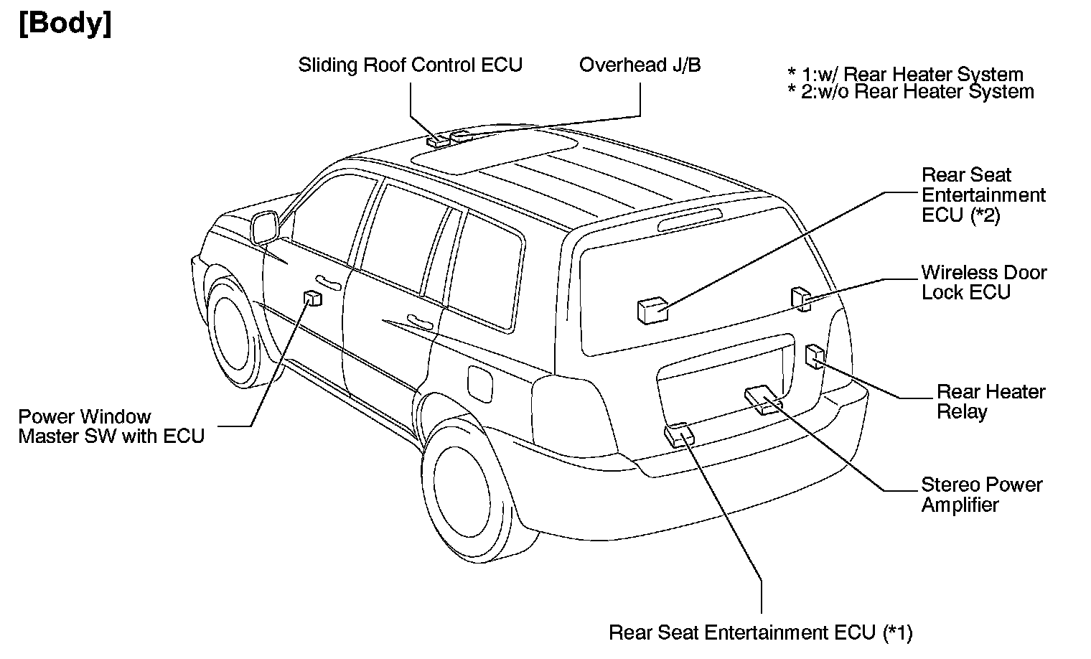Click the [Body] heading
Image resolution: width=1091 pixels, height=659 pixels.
click(65, 24)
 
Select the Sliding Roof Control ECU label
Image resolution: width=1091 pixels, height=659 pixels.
click(410, 65)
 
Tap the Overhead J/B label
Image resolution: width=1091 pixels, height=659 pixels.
click(640, 65)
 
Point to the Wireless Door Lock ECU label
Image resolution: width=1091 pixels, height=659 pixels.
click(983, 282)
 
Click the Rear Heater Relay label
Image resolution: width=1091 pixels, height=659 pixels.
click(991, 401)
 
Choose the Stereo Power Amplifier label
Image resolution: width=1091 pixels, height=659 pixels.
click(981, 495)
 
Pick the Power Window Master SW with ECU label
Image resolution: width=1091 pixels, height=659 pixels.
click(111, 426)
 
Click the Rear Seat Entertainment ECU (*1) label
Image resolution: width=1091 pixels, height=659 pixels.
click(760, 632)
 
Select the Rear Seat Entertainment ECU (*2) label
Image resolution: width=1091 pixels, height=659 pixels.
click(983, 195)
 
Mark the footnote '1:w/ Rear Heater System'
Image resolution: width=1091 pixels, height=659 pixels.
click(906, 74)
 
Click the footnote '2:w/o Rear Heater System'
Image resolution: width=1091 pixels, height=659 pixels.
click(911, 92)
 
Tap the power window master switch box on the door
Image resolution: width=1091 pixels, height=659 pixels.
click(312, 298)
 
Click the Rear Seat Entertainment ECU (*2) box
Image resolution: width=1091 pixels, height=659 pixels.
click(652, 311)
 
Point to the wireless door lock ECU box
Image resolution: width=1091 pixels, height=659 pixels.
click(800, 298)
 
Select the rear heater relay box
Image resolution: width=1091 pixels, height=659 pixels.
click(814, 356)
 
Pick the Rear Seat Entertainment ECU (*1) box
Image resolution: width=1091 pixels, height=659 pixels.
click(679, 434)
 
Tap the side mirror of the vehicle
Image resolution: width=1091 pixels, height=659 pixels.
click(266, 227)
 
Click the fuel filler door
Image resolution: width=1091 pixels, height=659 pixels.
click(479, 383)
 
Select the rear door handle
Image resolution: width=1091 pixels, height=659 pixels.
click(420, 322)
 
